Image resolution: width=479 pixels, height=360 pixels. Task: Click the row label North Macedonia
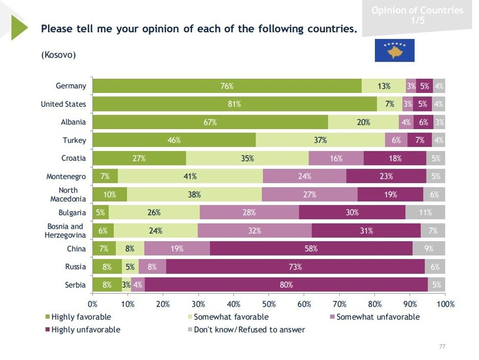coord(69,195)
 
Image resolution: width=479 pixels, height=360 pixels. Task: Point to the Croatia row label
coord(74,158)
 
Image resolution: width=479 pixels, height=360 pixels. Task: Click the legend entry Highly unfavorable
coord(86,330)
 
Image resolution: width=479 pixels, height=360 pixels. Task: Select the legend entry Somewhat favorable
coord(231,317)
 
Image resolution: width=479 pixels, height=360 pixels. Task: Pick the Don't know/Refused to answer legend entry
coord(249,330)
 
